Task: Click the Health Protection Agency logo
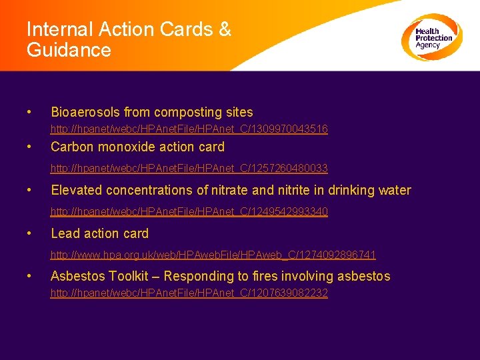point(431,37)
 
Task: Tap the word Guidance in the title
point(69,50)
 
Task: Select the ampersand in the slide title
point(225,30)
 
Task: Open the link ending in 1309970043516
point(189,129)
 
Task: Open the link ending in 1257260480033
point(189,169)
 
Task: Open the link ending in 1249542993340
point(189,211)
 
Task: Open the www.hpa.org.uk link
point(213,254)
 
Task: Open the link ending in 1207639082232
point(189,293)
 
